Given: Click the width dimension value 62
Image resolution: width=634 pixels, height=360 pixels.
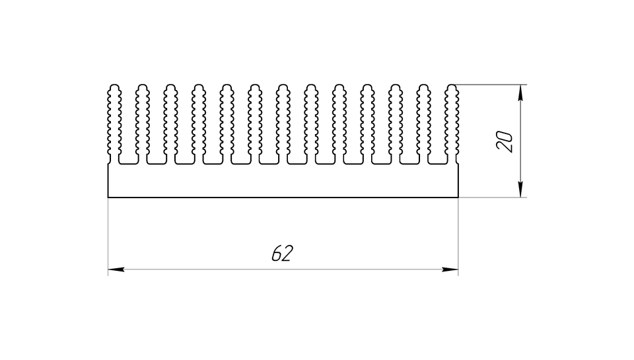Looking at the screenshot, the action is click(x=282, y=253).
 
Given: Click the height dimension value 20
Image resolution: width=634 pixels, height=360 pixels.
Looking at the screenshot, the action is click(x=505, y=141).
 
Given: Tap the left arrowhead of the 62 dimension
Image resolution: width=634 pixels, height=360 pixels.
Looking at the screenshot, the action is click(x=116, y=269).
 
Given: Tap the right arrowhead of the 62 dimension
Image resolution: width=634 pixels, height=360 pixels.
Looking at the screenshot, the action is click(x=450, y=269).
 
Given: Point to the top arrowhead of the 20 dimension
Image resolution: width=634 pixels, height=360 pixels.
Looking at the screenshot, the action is click(x=520, y=92).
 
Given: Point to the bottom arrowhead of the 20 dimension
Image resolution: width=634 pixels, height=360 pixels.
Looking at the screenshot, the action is click(x=520, y=190).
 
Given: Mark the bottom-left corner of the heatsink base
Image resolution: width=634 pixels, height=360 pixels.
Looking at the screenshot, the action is click(x=108, y=198).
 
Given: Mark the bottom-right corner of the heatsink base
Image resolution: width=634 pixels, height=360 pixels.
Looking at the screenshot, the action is click(x=458, y=198).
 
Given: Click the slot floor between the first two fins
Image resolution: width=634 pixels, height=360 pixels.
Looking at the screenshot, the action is click(x=128, y=164).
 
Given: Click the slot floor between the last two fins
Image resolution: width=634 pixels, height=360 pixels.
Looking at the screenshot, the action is click(x=437, y=164).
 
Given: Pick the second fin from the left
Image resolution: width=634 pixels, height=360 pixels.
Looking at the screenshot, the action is click(x=143, y=124).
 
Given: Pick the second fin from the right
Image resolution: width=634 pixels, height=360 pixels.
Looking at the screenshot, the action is click(x=423, y=124).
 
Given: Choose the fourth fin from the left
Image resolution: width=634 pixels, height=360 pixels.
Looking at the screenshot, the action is click(x=199, y=124).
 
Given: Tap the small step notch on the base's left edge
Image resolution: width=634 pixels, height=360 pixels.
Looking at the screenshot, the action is click(x=109, y=163).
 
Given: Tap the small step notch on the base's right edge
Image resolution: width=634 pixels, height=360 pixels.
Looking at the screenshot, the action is click(x=457, y=163).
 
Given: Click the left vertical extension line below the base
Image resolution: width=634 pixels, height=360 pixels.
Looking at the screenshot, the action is click(x=108, y=236).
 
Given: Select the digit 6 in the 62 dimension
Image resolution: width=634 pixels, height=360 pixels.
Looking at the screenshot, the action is click(x=277, y=254).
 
